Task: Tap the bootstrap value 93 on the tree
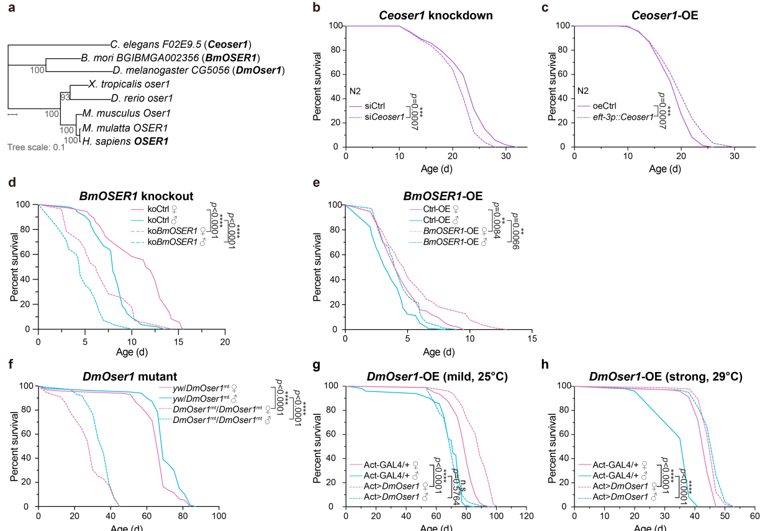65,97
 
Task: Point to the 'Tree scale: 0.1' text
37,147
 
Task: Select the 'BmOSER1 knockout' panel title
137,196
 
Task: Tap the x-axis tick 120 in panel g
526,517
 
